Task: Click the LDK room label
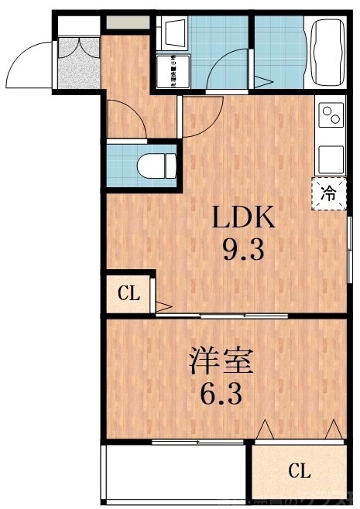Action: (245, 219)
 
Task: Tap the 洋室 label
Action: (223, 361)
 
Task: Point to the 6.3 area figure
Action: (223, 395)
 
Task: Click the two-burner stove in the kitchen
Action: (331, 115)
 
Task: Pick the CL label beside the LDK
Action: (129, 293)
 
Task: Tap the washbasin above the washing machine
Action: (171, 33)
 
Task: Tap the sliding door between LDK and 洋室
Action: (225, 316)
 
